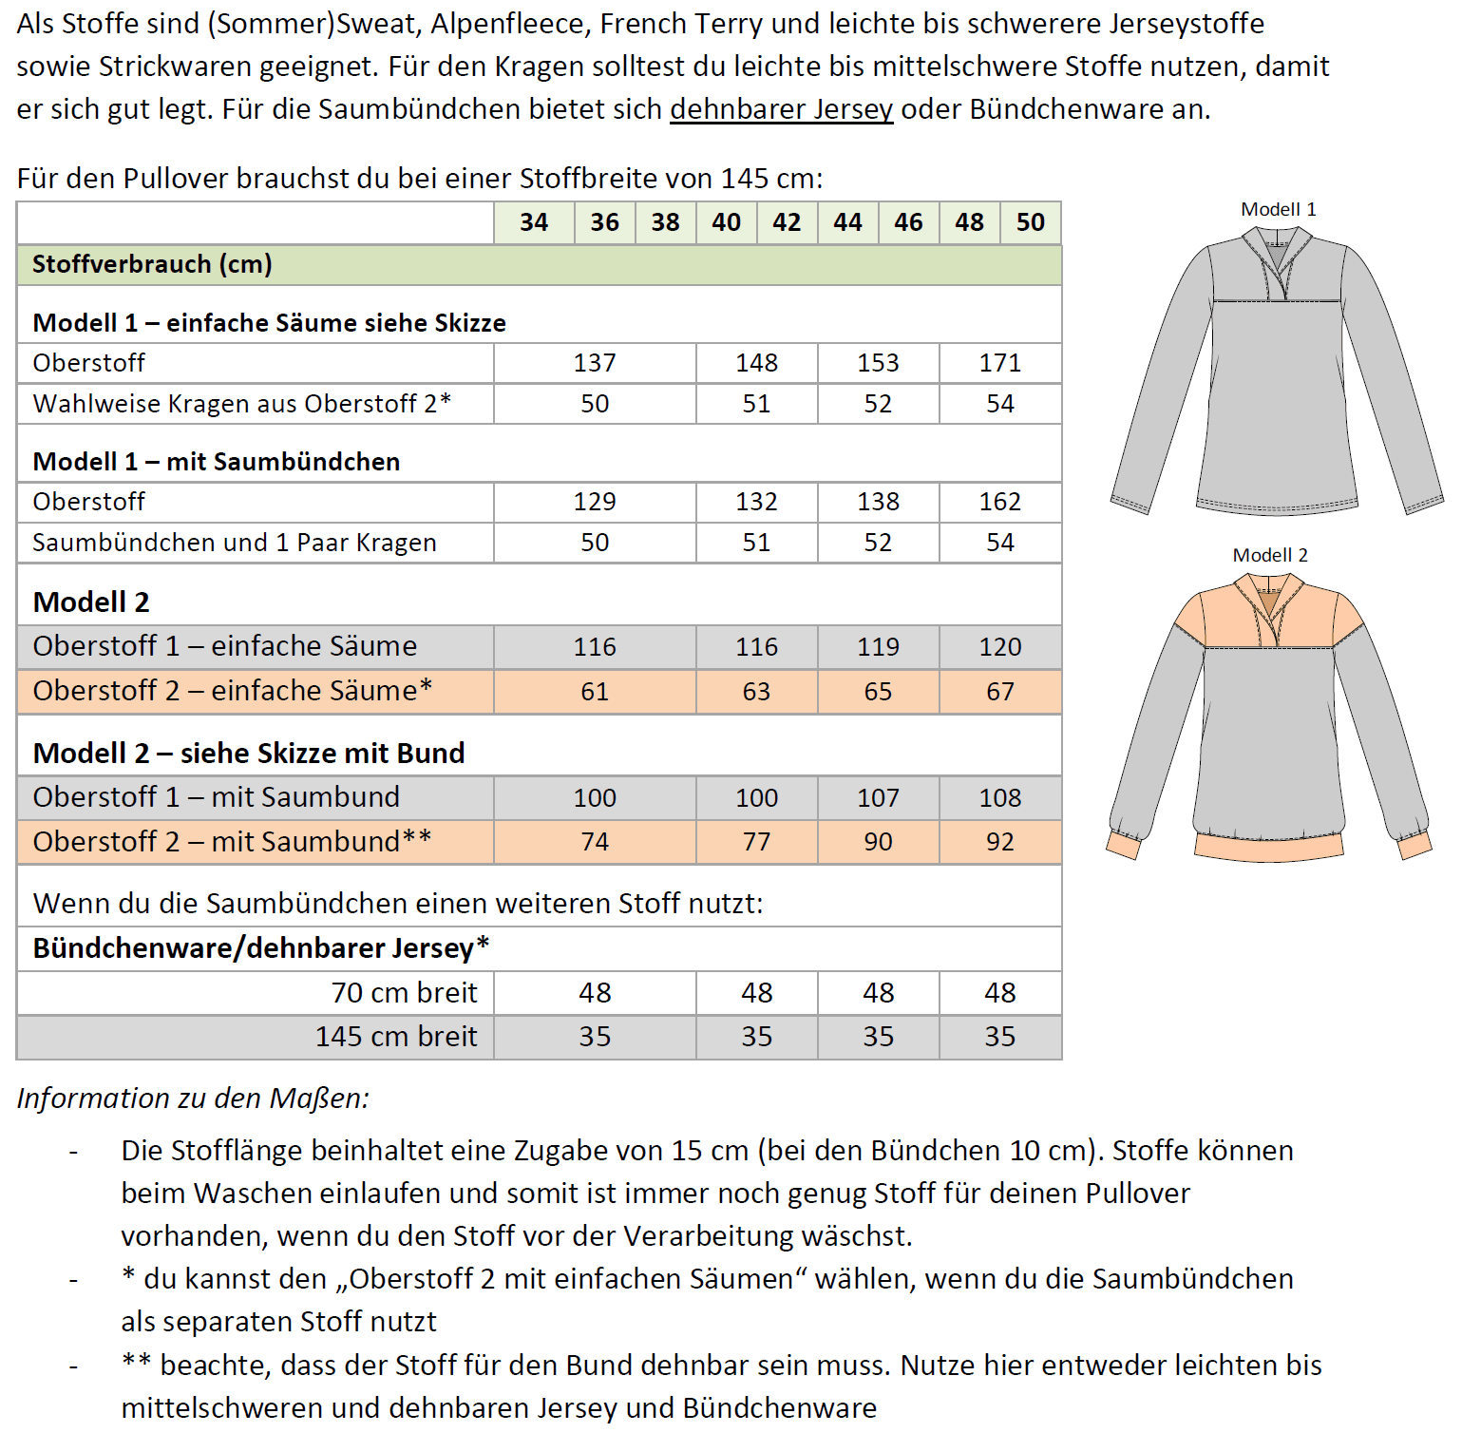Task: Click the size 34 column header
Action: tap(534, 222)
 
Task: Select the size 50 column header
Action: tap(1030, 222)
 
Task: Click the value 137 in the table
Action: tap(595, 363)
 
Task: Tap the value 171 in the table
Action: tap(999, 363)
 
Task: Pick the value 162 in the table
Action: tap(999, 502)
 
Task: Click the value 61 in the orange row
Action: tap(595, 692)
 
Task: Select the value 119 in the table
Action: tap(878, 647)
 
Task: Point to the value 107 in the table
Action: tap(878, 798)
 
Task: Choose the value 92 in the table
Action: tap(999, 842)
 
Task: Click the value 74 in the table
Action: tap(595, 842)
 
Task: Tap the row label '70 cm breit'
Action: tap(404, 993)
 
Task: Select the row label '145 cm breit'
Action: tap(396, 1037)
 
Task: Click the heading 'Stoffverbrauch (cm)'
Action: tap(152, 264)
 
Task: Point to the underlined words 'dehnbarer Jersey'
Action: tap(781, 109)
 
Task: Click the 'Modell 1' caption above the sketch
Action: tap(1278, 210)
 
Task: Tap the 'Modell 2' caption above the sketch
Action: tap(1269, 556)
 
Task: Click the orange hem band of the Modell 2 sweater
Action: tap(1269, 847)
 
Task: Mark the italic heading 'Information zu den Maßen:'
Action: tap(193, 1099)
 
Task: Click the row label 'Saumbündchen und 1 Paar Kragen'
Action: tap(235, 543)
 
